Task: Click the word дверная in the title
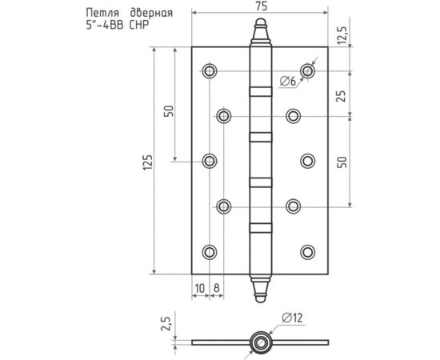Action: pos(149,13)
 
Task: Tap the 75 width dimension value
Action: pos(260,7)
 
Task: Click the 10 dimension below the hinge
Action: pos(200,286)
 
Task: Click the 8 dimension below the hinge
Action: pos(216,286)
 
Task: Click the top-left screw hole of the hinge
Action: pos(209,71)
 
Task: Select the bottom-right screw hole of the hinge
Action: pos(308,252)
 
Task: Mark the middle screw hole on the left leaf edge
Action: pos(209,162)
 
